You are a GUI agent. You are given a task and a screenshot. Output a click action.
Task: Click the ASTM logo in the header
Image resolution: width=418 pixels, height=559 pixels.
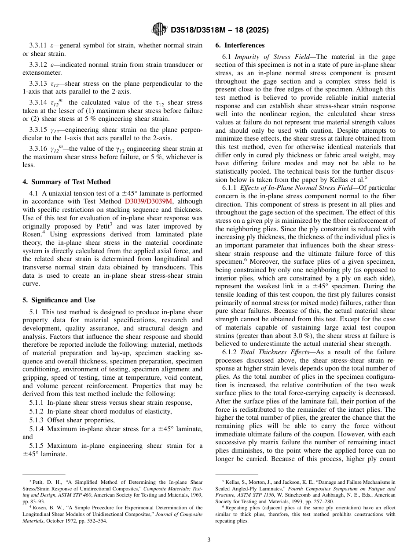pos(159,29)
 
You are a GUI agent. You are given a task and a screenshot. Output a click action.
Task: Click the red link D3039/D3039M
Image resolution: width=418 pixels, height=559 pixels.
pos(149,201)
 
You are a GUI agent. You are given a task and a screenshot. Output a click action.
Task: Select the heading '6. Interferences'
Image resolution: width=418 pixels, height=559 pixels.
pos(240,45)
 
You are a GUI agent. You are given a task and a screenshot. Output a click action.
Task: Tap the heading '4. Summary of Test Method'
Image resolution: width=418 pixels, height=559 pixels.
pos(66,182)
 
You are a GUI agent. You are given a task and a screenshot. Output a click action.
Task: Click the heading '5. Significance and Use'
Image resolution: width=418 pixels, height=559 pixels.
pos(59,300)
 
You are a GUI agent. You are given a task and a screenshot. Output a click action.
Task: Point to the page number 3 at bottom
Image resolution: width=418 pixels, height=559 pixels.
pos(209,540)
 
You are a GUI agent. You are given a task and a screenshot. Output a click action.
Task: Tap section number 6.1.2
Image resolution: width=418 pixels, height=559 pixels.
pos(231,352)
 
